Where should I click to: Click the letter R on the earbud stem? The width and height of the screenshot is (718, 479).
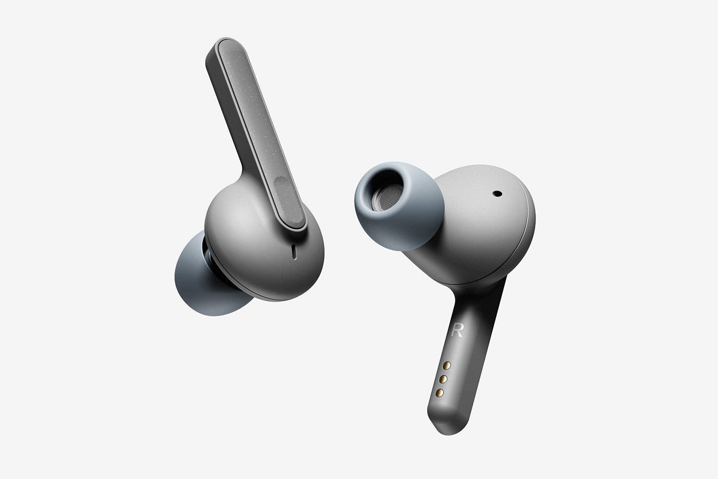[457, 331]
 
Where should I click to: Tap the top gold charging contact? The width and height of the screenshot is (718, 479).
[447, 365]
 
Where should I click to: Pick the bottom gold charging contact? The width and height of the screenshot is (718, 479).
[440, 392]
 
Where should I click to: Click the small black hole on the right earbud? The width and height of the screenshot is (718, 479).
[497, 194]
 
